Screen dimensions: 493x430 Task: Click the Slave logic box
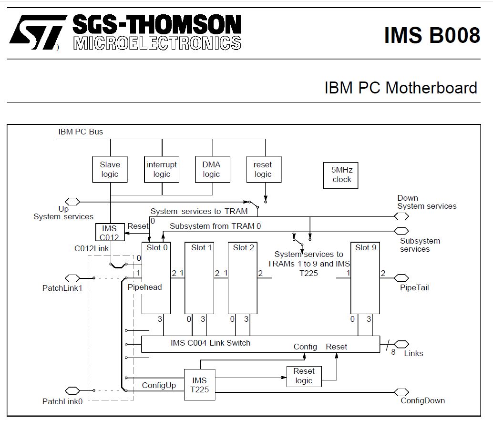[110, 169]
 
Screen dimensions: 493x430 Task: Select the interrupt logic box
[162, 169]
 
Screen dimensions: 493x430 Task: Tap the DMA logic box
[213, 169]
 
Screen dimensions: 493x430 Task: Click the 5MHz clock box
[340, 175]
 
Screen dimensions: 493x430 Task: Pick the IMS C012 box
[110, 232]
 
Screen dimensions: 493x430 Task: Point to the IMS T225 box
[200, 385]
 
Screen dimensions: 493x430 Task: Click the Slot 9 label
[366, 248]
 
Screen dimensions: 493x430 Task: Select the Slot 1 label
[202, 248]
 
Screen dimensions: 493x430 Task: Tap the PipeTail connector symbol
[401, 278]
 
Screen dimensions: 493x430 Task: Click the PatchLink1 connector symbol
[72, 278]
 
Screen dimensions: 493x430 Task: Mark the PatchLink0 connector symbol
[72, 391]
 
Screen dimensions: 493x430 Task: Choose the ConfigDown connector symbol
[401, 392]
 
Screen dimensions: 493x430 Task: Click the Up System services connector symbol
[72, 202]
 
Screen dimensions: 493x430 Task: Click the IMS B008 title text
[432, 35]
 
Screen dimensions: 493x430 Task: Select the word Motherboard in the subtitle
[431, 88]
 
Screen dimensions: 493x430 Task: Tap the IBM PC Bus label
[81, 132]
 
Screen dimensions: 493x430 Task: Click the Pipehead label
[144, 287]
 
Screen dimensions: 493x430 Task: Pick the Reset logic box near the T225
[304, 377]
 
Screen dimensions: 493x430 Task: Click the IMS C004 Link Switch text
[210, 343]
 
